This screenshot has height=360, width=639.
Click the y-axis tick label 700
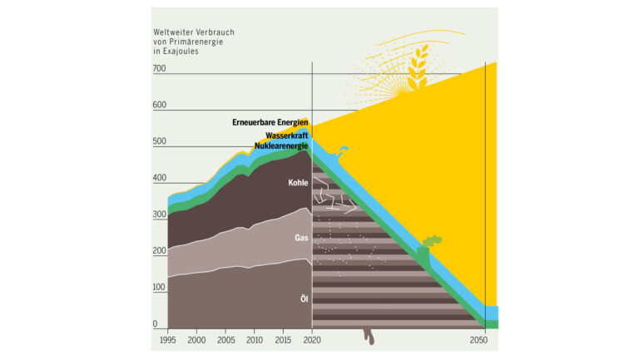click(x=160, y=69)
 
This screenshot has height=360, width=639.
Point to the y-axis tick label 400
click(x=160, y=179)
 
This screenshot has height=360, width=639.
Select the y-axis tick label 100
click(x=160, y=288)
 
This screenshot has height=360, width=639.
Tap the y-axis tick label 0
click(x=156, y=324)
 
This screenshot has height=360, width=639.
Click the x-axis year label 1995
click(x=168, y=341)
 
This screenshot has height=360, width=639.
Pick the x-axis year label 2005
click(x=225, y=341)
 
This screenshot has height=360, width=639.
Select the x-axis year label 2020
click(x=311, y=341)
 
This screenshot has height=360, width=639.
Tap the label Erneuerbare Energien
click(x=270, y=123)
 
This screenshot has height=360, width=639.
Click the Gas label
click(x=302, y=238)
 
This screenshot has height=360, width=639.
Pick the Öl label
click(x=305, y=298)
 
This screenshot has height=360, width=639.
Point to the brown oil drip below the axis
click(x=369, y=336)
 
